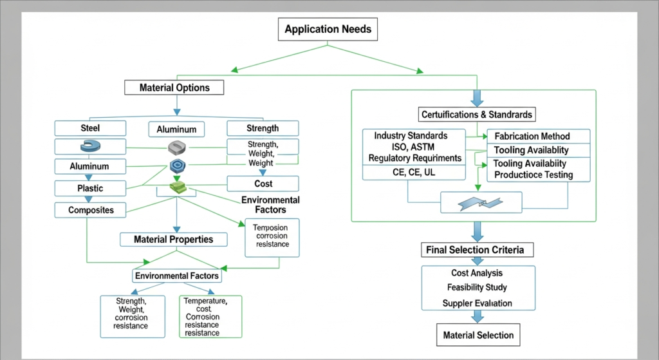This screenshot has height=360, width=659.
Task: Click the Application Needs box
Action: click(x=328, y=29)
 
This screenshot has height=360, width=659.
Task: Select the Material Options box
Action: click(x=174, y=88)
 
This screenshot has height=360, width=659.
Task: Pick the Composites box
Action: click(x=90, y=210)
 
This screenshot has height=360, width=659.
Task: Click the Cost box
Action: click(x=263, y=184)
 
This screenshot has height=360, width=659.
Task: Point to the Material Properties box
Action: click(x=173, y=240)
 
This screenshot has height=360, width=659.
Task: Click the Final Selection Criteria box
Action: click(x=475, y=249)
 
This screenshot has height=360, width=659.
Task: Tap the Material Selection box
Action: click(x=478, y=335)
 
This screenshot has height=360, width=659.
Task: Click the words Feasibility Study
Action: click(x=478, y=287)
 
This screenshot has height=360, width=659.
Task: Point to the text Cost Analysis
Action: click(x=478, y=273)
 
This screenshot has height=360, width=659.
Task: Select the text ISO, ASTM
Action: click(x=414, y=147)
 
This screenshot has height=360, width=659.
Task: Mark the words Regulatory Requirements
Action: click(x=414, y=158)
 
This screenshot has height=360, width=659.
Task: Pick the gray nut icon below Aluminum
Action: click(x=176, y=147)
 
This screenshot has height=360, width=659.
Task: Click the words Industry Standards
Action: click(x=414, y=136)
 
